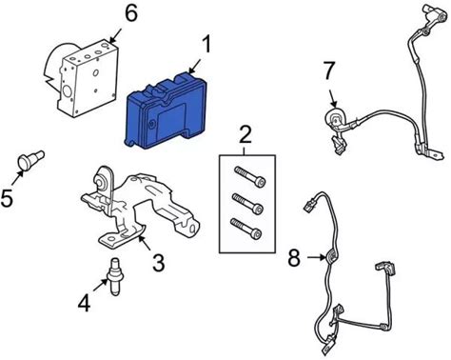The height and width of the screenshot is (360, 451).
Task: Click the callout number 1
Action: pos(206,45)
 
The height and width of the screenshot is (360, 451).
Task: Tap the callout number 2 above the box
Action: pos(245,134)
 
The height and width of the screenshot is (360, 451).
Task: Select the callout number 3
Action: pos(159,263)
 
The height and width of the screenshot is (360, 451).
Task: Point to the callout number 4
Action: pos(84,303)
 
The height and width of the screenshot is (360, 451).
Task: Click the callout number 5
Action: pos(7,198)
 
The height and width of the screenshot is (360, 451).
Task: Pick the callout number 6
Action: pos(130,13)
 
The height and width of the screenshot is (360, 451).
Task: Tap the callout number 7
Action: pos(329,70)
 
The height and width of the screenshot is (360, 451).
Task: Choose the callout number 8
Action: pos(294,258)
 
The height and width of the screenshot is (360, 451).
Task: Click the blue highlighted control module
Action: pos(166,110)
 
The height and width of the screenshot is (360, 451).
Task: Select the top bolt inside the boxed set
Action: pos(250,176)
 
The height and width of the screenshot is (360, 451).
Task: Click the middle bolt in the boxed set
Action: pos(247,203)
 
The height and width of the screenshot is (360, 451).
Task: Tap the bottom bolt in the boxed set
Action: pos(245,229)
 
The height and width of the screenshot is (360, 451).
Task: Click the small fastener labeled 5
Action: pos(30,159)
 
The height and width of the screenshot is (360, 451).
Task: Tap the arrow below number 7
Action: pos(332,98)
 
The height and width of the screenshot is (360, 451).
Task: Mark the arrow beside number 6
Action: pos(115,34)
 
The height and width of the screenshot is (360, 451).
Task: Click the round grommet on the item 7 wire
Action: pos(335,118)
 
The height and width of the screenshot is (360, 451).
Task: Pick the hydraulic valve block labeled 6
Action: pos(83,78)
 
